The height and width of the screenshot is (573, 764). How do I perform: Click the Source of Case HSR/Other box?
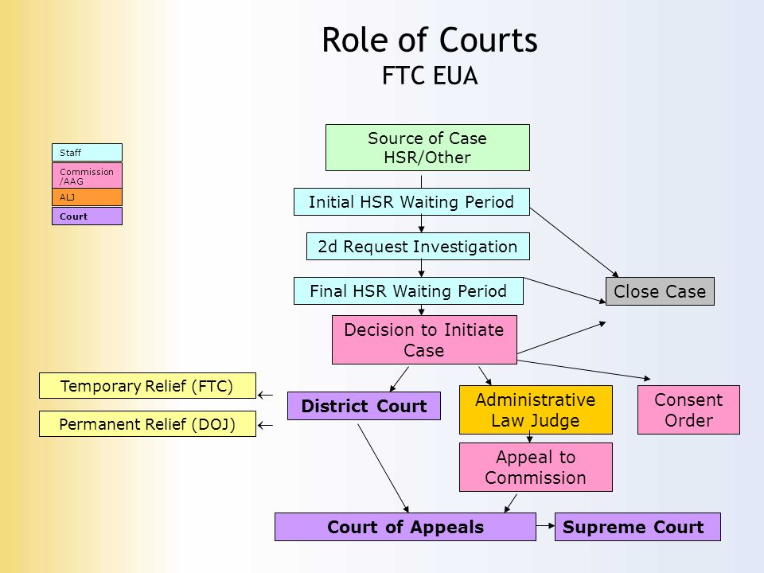pos(427,148)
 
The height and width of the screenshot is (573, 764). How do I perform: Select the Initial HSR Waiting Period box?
pos(411,201)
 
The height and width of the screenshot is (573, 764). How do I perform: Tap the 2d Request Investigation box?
pos(418,247)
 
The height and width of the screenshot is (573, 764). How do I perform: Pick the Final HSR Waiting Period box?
pos(408,291)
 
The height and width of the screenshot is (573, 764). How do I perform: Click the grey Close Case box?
pos(660,291)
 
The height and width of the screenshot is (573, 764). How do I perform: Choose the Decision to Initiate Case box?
pos(424,340)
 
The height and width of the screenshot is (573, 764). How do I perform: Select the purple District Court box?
pos(364,406)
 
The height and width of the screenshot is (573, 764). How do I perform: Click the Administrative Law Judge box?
pos(536,410)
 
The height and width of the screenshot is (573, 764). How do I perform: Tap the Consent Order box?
pos(688,410)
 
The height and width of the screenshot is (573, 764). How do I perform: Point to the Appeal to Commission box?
pos(536,467)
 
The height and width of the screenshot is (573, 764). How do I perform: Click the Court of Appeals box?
pos(405,527)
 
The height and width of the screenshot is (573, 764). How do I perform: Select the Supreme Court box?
pos(637,527)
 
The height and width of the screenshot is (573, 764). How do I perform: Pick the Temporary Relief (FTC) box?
pos(147,385)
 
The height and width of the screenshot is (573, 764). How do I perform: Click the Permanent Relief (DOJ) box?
pos(147,423)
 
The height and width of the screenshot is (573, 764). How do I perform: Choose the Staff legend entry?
pos(87,153)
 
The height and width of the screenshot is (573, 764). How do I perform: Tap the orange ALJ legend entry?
pos(87,197)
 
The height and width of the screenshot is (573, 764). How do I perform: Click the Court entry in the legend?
pos(87,216)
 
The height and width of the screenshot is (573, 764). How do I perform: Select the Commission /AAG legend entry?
pos(87,175)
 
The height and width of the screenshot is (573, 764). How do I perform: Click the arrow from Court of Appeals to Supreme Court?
pos(545,526)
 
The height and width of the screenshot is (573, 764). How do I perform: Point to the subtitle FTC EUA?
pos(430,76)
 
